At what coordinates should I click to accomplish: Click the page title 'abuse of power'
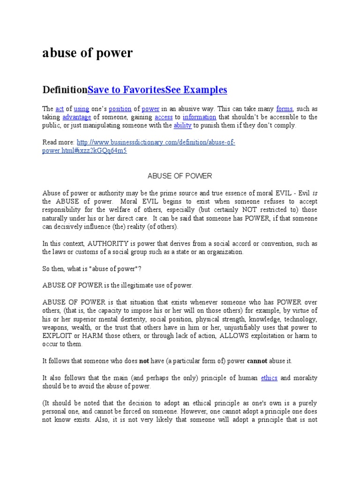click(x=88, y=53)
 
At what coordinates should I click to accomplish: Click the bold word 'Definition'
click(x=65, y=90)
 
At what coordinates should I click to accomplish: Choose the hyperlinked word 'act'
click(x=60, y=108)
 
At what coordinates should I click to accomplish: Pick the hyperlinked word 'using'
click(x=82, y=108)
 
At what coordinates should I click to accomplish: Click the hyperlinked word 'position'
click(x=120, y=108)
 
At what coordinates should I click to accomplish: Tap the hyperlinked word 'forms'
click(x=285, y=108)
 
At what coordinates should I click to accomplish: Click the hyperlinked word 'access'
click(x=164, y=117)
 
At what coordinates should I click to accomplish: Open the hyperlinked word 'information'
click(x=199, y=117)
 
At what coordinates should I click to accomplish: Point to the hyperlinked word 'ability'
click(x=183, y=126)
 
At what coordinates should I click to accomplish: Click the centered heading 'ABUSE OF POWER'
click(x=180, y=176)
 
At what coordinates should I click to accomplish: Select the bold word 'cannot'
click(x=257, y=361)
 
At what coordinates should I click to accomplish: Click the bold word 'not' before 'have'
click(x=144, y=361)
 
